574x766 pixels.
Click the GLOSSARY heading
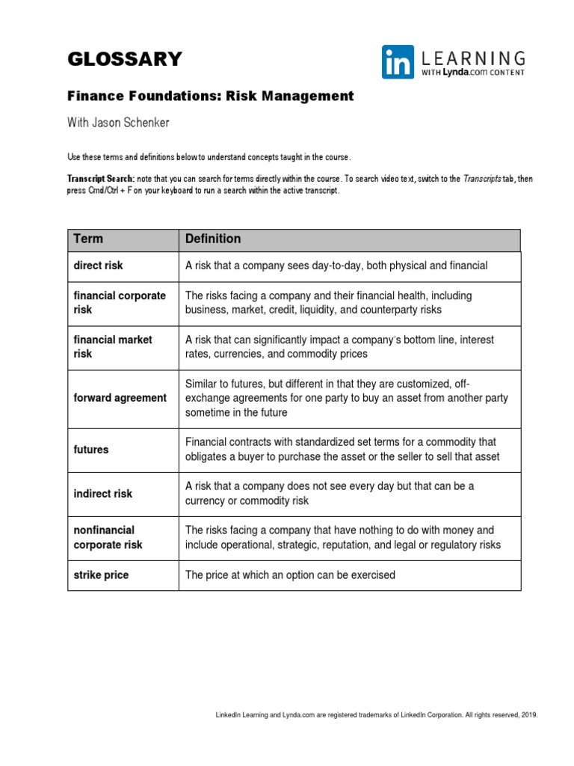124,59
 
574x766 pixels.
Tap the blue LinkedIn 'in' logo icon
398,62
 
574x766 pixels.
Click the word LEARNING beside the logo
472,58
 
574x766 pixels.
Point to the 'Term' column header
88,239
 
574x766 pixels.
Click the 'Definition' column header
213,239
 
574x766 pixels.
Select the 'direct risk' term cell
98,266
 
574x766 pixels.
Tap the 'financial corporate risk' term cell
120,303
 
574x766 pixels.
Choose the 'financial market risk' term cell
112,347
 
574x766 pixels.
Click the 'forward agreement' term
120,398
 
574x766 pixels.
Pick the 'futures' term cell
90,450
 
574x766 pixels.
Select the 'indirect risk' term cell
102,494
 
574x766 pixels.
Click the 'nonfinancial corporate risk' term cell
108,538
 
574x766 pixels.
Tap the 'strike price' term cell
101,575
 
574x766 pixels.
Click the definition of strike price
290,575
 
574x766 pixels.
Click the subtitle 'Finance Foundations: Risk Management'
210,96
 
